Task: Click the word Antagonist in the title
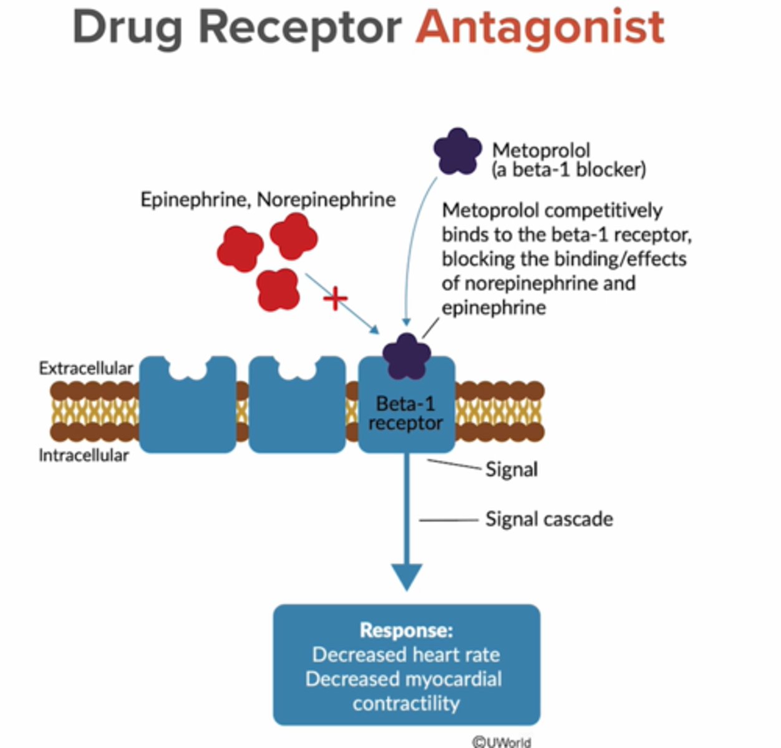(540, 28)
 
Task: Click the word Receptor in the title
(301, 28)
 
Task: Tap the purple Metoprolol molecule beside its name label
(457, 151)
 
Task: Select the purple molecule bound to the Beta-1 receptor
(406, 357)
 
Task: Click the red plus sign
(335, 299)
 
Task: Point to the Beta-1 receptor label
(405, 413)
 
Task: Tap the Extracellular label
(85, 368)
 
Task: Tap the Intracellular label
(84, 456)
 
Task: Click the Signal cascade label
(549, 519)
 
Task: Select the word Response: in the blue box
(406, 630)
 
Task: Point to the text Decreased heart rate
(406, 654)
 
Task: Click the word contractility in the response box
(406, 703)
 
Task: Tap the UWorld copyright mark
(502, 741)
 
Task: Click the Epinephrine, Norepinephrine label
(268, 199)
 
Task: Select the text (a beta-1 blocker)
(568, 170)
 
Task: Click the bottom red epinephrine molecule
(278, 289)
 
